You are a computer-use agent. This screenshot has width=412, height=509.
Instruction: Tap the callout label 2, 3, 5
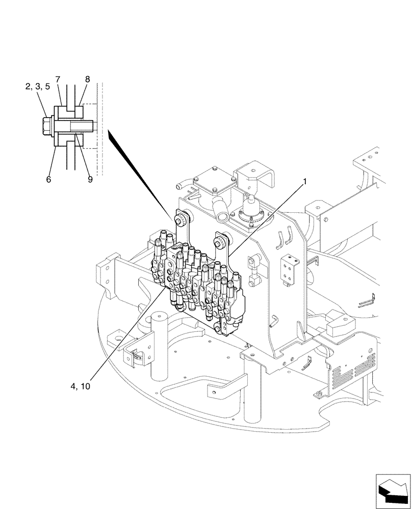coord(37,87)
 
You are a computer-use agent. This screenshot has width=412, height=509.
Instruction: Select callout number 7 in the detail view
coord(58,79)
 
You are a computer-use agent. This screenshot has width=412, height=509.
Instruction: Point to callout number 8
coord(87,79)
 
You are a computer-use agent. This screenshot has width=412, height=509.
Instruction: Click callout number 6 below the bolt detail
coord(49,179)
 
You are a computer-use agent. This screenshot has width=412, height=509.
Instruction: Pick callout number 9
coord(90,179)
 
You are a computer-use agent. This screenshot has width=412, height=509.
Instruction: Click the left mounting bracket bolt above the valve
coord(180,220)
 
